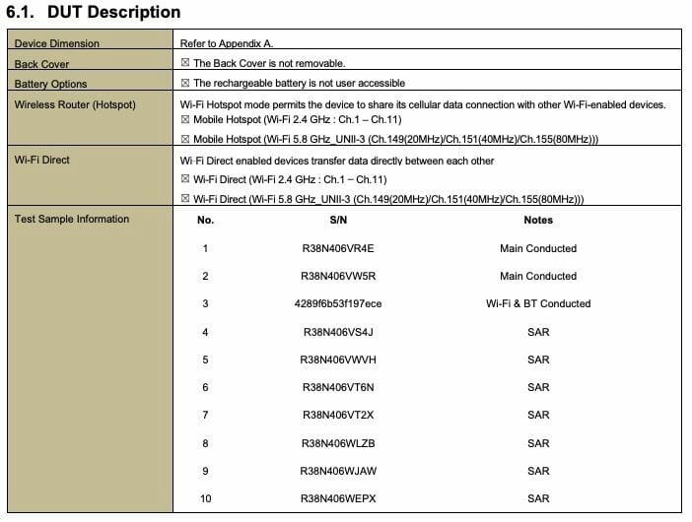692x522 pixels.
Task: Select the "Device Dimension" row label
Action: coord(57,44)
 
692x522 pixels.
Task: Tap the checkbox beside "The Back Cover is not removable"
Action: coord(185,64)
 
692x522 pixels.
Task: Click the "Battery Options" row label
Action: coord(51,84)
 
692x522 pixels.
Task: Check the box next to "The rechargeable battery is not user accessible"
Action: coord(185,84)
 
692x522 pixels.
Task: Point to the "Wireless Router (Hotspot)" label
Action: coord(75,104)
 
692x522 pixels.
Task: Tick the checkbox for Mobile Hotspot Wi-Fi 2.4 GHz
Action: coord(185,121)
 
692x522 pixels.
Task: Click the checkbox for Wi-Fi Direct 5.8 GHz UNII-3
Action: coord(185,199)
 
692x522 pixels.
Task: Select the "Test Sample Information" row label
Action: coord(72,219)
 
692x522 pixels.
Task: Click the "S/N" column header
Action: coord(338,221)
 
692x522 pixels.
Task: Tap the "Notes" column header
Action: coord(538,221)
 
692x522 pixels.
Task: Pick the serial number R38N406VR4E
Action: coord(338,248)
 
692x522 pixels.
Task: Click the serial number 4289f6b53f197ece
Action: coord(338,303)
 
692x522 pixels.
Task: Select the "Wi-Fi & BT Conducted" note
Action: coord(538,303)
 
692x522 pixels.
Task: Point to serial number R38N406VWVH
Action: coord(338,359)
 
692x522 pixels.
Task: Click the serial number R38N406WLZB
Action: coord(338,443)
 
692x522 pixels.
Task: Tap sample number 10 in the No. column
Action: coord(205,498)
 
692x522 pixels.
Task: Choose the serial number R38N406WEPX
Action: coord(338,498)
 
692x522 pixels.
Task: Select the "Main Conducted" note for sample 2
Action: coord(538,276)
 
